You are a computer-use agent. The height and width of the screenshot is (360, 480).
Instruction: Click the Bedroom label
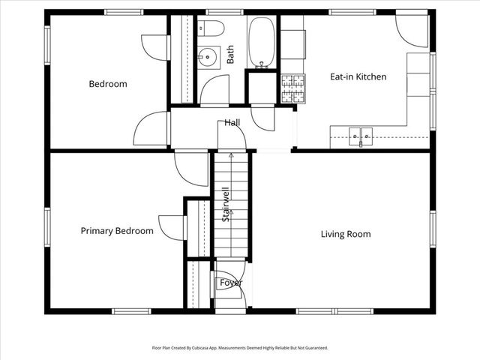[x=108, y=84]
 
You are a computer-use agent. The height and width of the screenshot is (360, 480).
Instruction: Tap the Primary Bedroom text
[x=117, y=231]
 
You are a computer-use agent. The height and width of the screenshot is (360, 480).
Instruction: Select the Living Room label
[x=346, y=234]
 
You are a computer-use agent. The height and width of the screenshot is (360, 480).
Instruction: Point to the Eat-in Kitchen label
[x=358, y=76]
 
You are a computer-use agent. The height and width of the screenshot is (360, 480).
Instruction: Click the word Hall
[x=232, y=122]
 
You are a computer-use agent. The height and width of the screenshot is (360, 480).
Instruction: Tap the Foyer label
[x=231, y=283]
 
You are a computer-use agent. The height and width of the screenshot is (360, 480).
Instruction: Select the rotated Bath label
[x=230, y=54]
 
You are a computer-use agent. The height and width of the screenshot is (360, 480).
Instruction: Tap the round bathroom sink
[x=208, y=55]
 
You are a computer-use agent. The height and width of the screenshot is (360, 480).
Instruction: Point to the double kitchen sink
[x=360, y=136]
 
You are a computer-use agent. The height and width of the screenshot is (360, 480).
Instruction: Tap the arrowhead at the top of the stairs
[x=231, y=154]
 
